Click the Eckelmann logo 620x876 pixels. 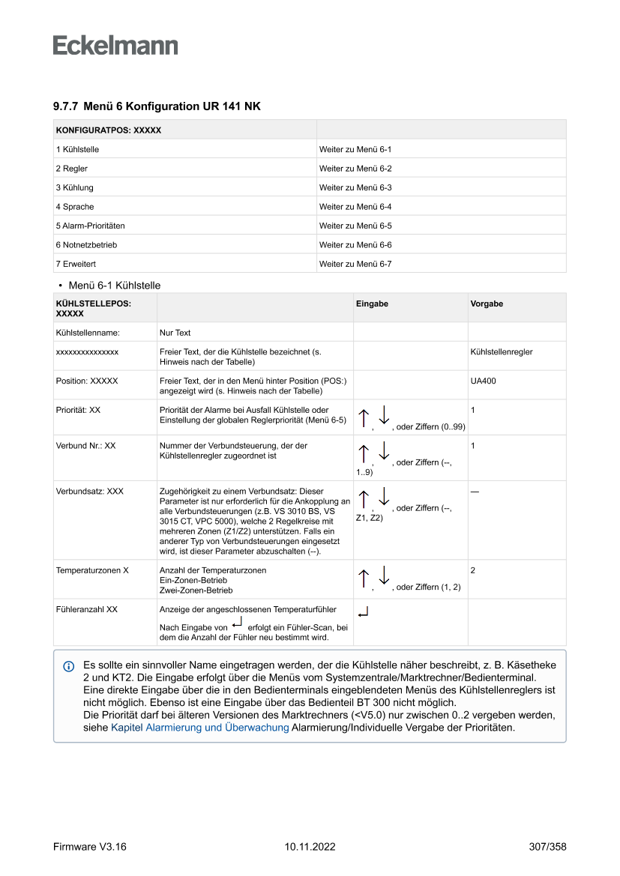(x=115, y=45)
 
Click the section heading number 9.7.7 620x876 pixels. (x=65, y=107)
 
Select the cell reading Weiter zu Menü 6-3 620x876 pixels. (x=355, y=187)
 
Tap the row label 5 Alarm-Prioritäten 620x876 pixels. (x=90, y=226)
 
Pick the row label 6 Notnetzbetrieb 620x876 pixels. (x=86, y=245)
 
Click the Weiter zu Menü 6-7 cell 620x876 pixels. (x=355, y=264)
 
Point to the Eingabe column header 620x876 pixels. (x=372, y=304)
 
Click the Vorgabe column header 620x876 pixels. (x=487, y=304)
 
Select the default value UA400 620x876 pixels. (x=483, y=381)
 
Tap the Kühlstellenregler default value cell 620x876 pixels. (x=502, y=351)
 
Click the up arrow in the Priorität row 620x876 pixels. (x=364, y=419)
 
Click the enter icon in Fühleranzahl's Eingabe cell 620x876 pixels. (x=364, y=614)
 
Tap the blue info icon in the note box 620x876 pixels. (x=69, y=666)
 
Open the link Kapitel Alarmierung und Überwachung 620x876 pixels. (x=200, y=728)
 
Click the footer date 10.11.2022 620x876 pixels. (x=310, y=847)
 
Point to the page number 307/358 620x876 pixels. (x=547, y=847)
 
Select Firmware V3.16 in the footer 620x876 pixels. (x=90, y=847)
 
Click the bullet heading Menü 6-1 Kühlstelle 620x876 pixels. (x=114, y=286)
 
